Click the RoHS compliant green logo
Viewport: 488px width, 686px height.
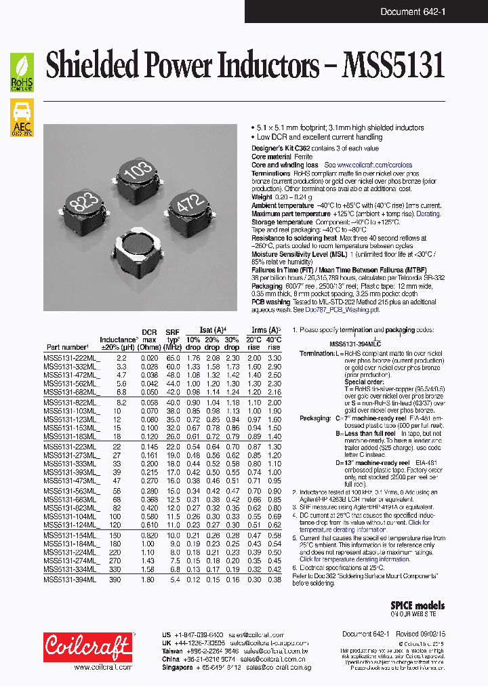[x=22, y=73]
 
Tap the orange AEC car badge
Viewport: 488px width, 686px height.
[x=22, y=117]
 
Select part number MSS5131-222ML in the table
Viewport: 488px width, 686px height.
[x=70, y=357]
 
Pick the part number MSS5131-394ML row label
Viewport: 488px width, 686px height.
[x=70, y=580]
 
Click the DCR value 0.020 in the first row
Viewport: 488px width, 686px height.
[x=148, y=357]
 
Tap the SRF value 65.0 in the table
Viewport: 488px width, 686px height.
[x=173, y=357]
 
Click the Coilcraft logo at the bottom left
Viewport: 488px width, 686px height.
[x=87, y=647]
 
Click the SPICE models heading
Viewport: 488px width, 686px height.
[x=418, y=605]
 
